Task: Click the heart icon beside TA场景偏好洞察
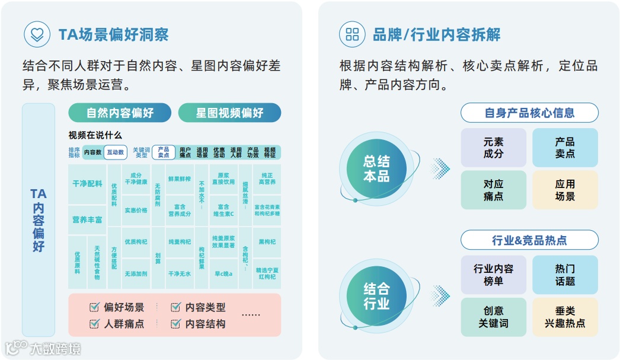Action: (37, 34)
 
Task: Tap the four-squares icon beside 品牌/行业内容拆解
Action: (352, 34)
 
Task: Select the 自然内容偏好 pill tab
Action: (120, 113)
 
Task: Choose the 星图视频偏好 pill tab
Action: (229, 113)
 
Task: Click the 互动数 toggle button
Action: (116, 152)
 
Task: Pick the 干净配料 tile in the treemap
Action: (87, 184)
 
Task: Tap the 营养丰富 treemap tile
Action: (87, 219)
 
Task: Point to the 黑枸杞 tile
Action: (267, 242)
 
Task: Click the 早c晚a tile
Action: (223, 273)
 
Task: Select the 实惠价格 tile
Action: (136, 210)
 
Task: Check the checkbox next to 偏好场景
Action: (94, 307)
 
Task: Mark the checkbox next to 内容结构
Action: (175, 324)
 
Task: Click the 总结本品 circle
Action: (376, 169)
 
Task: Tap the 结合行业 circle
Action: (376, 296)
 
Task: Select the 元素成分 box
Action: (493, 148)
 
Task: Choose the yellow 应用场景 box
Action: (565, 190)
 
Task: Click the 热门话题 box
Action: (565, 275)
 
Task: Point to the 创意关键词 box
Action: (493, 317)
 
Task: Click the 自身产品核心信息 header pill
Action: (529, 113)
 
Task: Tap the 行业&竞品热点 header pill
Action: (529, 240)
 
